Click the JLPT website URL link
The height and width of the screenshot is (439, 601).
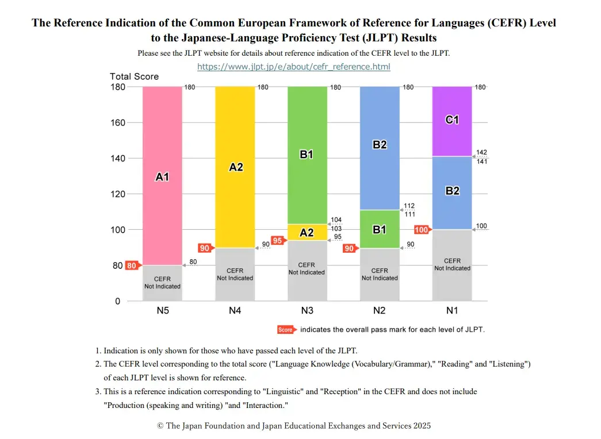[x=293, y=67]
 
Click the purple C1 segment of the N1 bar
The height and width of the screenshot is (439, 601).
[x=452, y=121]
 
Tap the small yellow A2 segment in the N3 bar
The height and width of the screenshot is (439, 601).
[x=307, y=232]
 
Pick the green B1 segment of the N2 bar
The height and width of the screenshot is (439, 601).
[x=380, y=229]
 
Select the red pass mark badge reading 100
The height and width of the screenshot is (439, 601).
[x=422, y=230]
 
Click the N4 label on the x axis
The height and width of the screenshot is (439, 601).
[x=235, y=311]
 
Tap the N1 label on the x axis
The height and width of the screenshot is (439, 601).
[x=452, y=311]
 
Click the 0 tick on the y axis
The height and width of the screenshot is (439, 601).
[x=118, y=301]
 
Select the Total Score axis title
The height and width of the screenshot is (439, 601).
[x=134, y=76]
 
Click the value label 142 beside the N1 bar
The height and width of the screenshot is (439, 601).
[x=481, y=152]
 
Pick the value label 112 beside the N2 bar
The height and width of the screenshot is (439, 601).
[x=409, y=206]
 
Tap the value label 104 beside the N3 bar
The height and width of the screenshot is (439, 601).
[x=336, y=220]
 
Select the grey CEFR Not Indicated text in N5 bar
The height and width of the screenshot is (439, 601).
[x=162, y=283]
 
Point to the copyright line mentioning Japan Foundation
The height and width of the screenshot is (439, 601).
[x=294, y=426]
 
